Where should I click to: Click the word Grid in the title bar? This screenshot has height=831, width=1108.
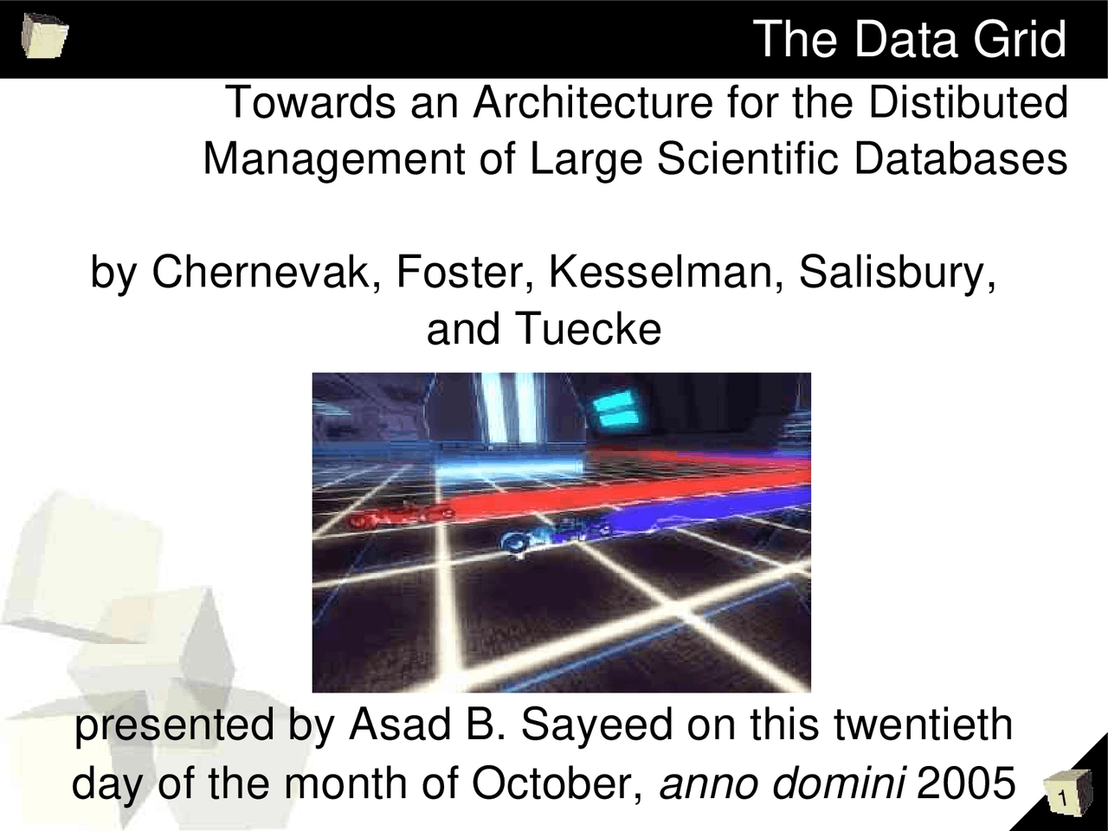(x=1019, y=40)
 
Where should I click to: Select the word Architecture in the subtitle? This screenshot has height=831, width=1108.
(x=592, y=103)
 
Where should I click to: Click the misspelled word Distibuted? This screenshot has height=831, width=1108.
(x=968, y=103)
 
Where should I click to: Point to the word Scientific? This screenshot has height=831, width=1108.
(x=748, y=159)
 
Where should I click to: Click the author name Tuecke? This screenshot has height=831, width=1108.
(x=588, y=329)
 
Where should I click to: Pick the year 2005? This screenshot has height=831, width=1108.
(x=965, y=784)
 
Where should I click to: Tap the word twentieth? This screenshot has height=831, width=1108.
(x=923, y=725)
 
